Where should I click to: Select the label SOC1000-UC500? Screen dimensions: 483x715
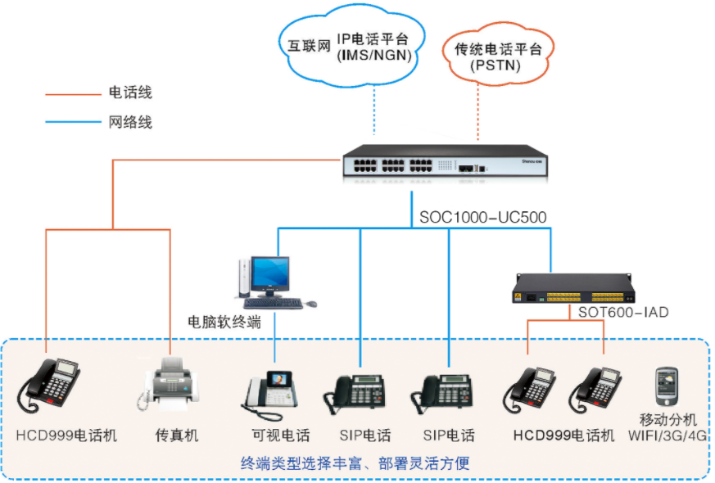pyautogui.click(x=482, y=218)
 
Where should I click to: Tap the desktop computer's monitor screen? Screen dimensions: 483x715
pyautogui.click(x=269, y=275)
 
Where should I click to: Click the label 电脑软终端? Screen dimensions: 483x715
pyautogui.click(x=224, y=322)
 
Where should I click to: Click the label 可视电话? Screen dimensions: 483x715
pyautogui.click(x=278, y=436)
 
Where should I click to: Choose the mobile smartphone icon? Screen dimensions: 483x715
pyautogui.click(x=664, y=385)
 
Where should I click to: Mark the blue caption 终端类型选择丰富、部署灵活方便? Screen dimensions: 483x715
pyautogui.click(x=355, y=463)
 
